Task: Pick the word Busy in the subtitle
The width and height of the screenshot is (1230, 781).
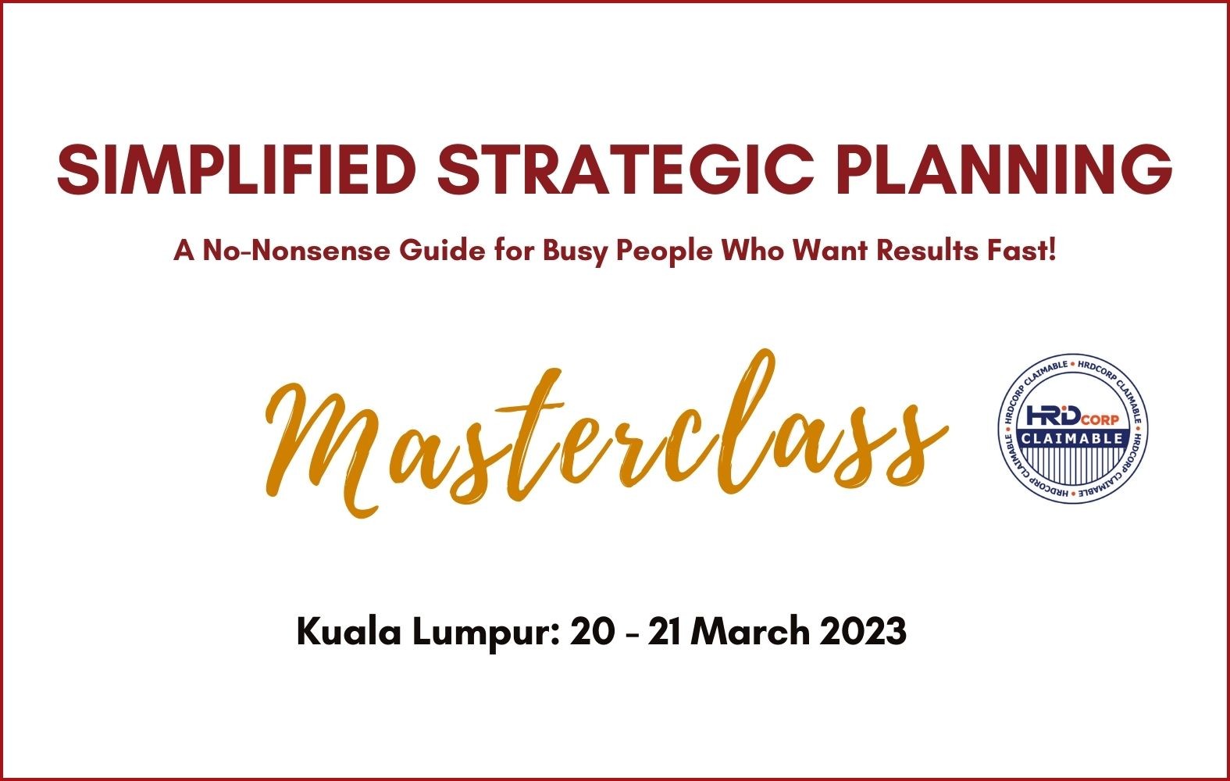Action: pos(575,252)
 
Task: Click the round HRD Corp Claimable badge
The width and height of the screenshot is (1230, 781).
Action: pos(1073,429)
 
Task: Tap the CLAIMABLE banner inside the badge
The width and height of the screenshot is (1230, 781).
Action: pos(1073,438)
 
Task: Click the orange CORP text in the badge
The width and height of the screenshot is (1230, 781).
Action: pos(1100,420)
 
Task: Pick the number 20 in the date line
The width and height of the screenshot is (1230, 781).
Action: pos(593,632)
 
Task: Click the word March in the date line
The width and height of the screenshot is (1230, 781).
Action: pos(754,632)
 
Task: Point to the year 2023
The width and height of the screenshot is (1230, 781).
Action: pos(863,632)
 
